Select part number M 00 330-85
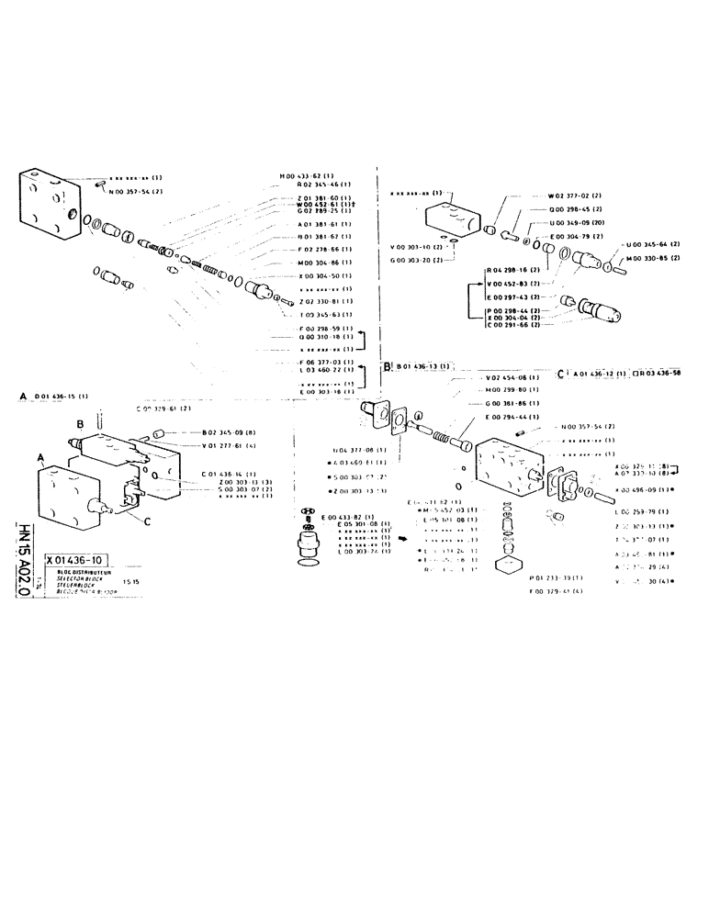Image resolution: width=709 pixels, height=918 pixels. [x=650, y=258]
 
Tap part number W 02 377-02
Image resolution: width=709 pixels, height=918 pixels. [x=575, y=196]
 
